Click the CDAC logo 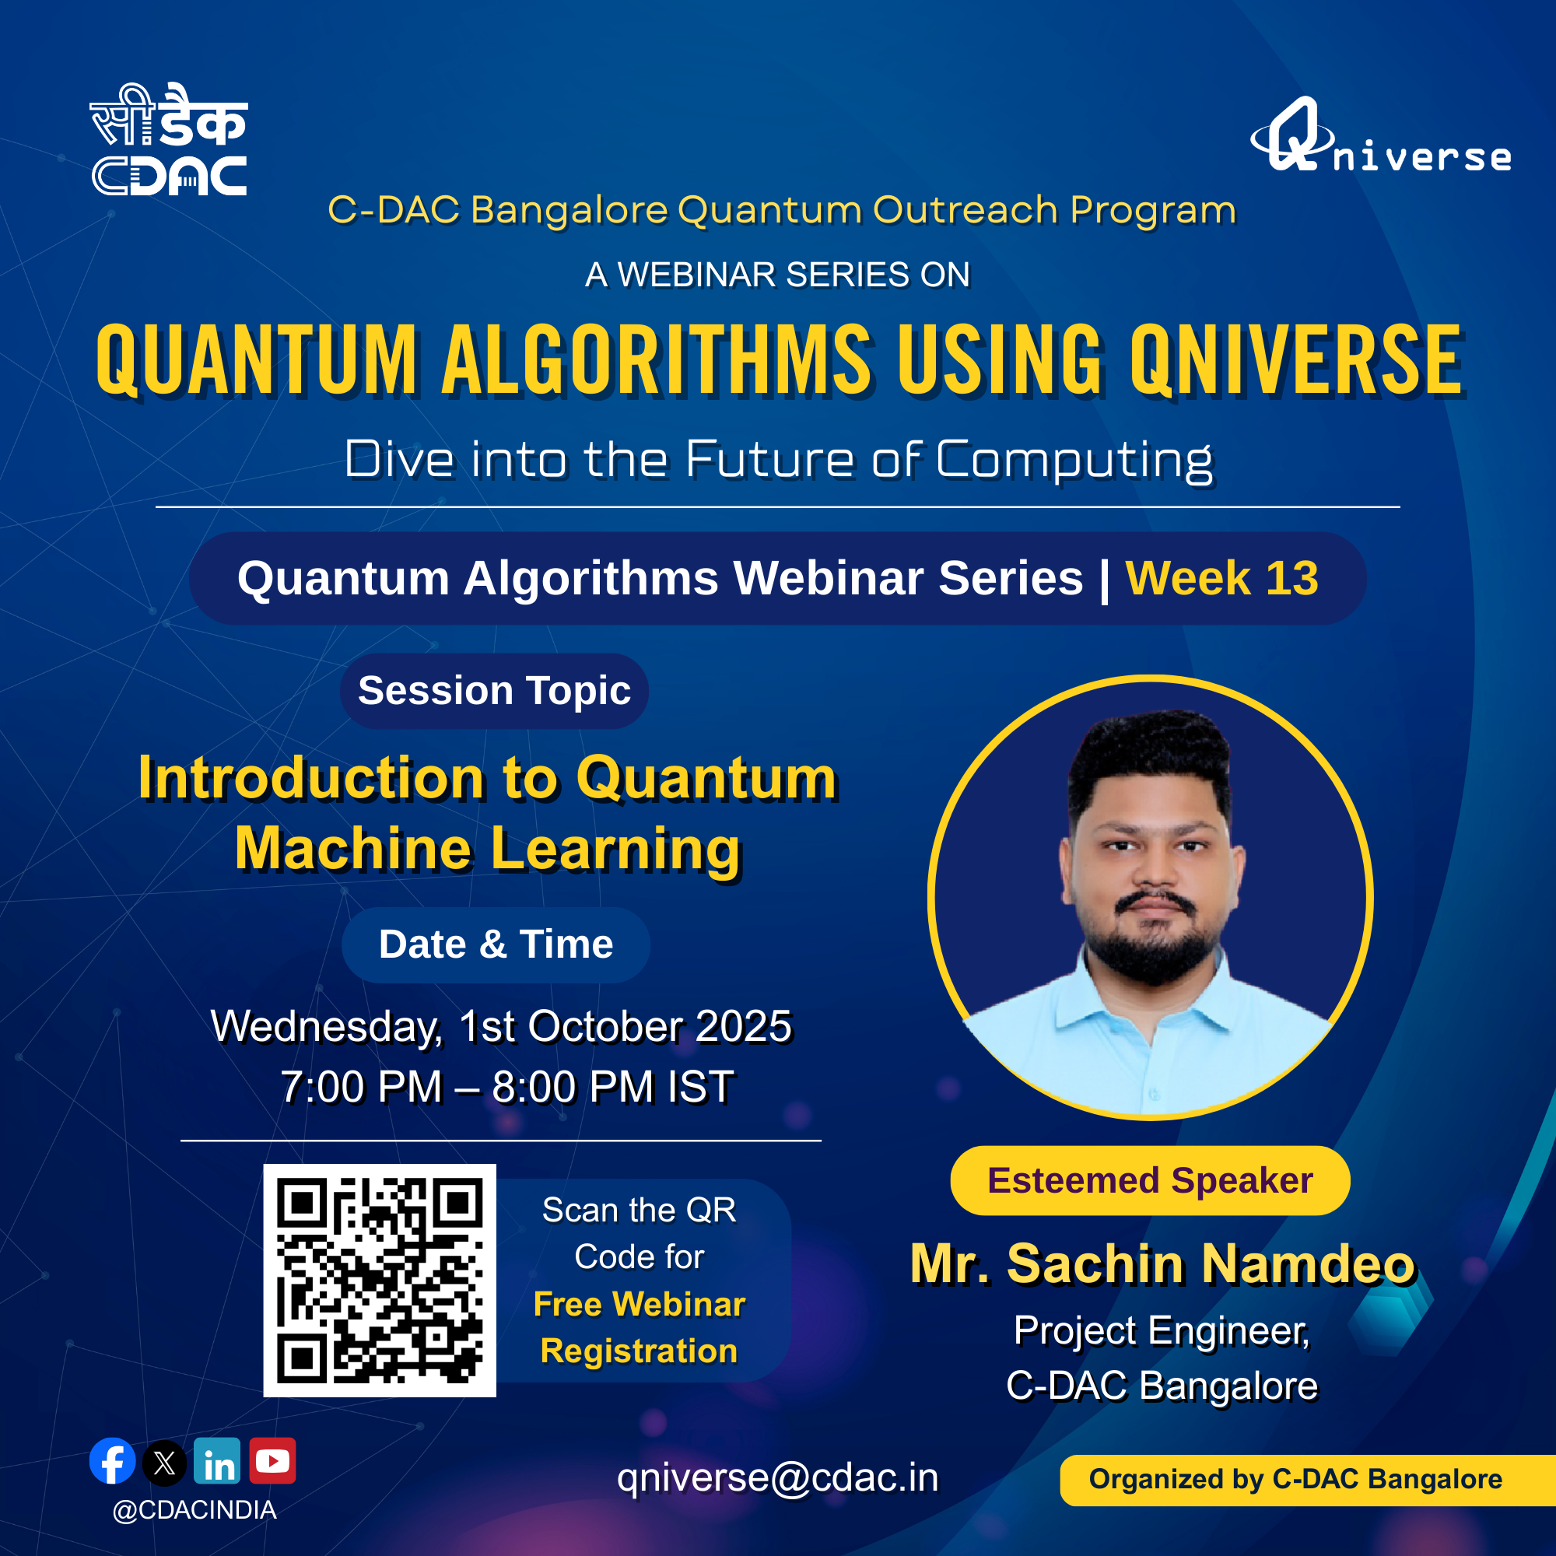(x=168, y=139)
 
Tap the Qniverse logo (x=1380, y=135)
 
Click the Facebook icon (x=112, y=1460)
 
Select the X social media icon (x=164, y=1463)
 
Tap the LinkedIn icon (x=218, y=1460)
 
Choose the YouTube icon (x=272, y=1460)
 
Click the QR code (x=380, y=1281)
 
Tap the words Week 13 (x=1221, y=578)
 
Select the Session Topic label (x=495, y=691)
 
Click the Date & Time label (x=496, y=944)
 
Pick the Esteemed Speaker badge (x=1150, y=1181)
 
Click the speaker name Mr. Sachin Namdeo (x=1162, y=1263)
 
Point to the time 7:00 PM (x=362, y=1088)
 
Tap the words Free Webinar (x=640, y=1304)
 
